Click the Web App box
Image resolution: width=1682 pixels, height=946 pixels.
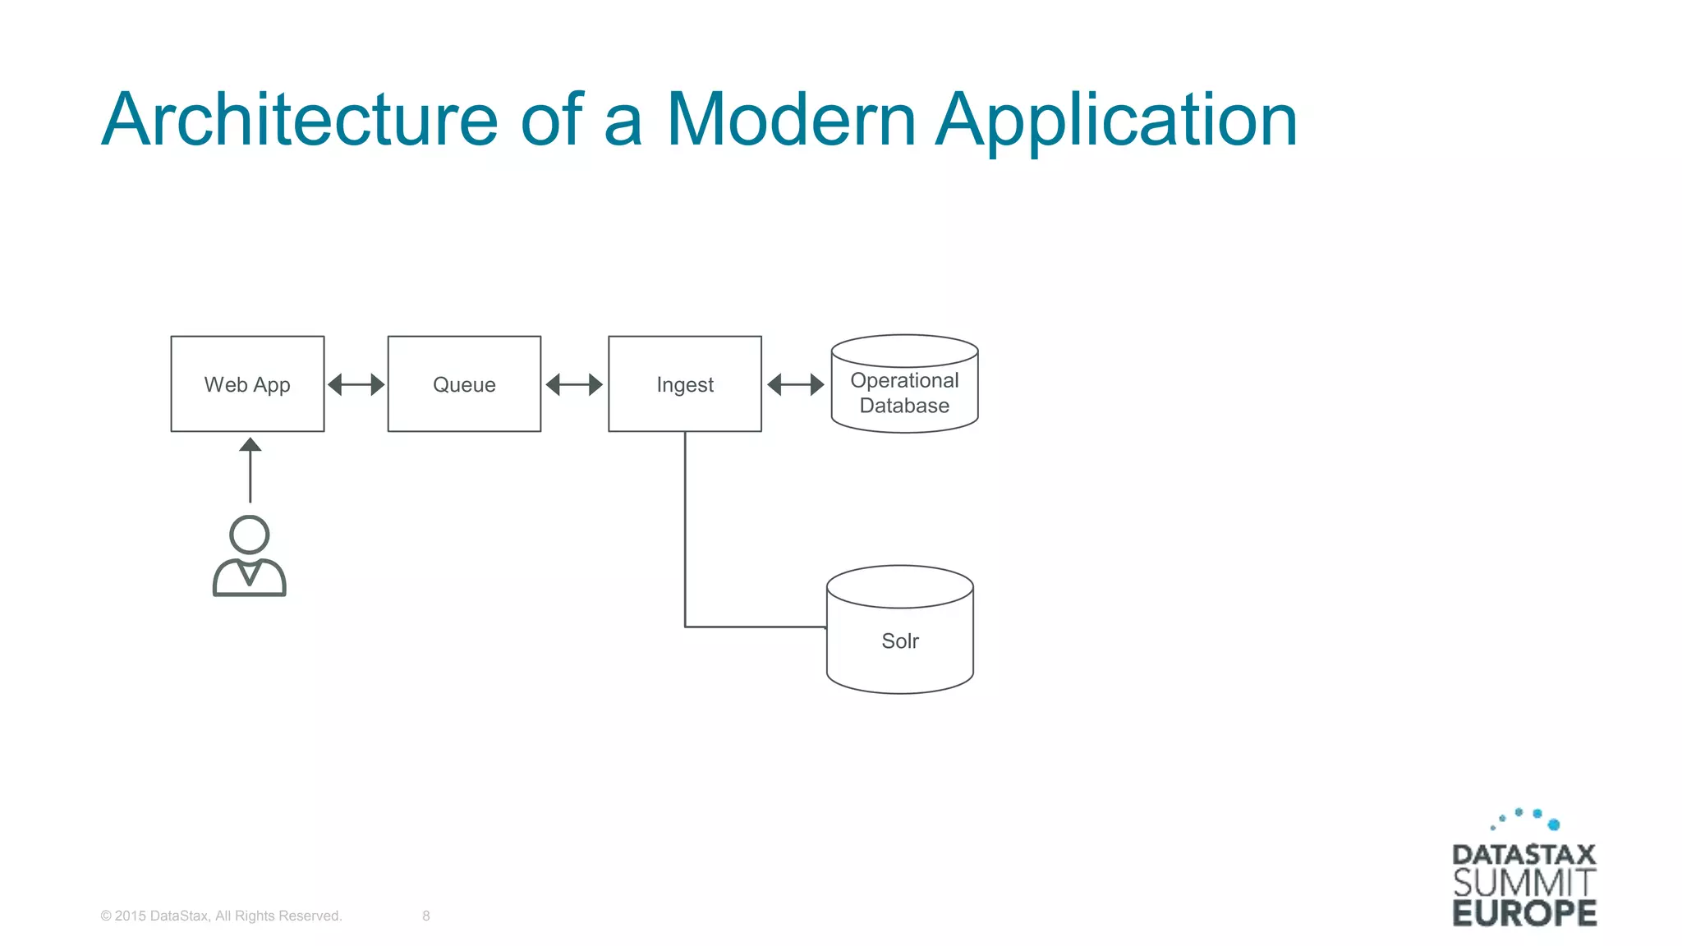247,383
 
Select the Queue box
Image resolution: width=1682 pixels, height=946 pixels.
464,383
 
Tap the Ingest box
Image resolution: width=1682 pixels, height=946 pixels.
685,383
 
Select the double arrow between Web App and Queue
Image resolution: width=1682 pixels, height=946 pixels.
356,384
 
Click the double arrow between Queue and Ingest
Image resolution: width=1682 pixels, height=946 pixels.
574,384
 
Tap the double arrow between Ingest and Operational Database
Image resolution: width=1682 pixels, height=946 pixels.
795,384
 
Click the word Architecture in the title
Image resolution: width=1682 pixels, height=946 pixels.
300,120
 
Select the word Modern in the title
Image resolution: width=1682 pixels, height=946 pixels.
790,120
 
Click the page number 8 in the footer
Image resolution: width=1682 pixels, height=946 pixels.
426,916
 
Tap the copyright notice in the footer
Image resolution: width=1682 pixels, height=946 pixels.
221,916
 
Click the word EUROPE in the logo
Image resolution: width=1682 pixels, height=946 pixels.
1524,913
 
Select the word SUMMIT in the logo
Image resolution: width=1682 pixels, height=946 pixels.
1524,884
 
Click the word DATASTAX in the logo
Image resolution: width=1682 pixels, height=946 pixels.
1524,855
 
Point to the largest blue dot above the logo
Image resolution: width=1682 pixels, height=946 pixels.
1553,824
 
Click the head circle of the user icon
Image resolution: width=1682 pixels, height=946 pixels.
250,535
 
